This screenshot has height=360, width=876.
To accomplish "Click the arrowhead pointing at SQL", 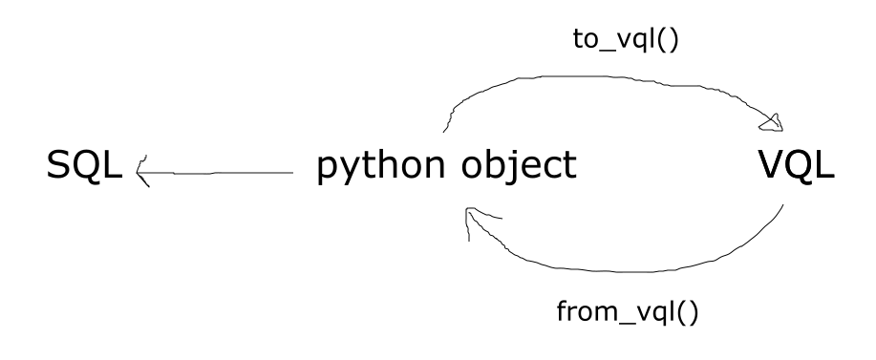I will tap(143, 171).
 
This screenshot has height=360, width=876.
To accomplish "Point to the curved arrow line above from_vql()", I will tap(621, 269).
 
